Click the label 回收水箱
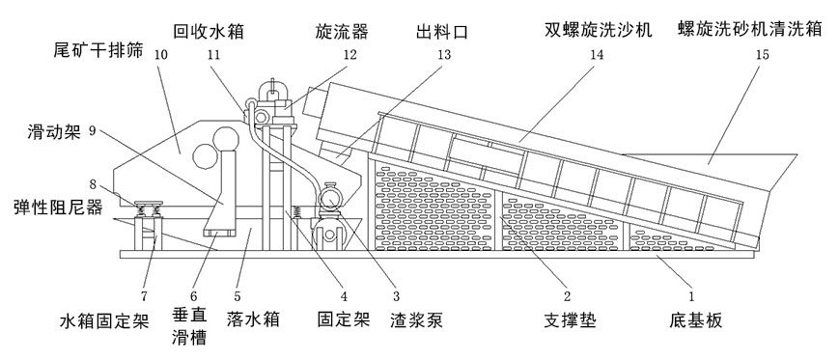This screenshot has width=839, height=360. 209,31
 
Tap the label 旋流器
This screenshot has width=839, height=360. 342,31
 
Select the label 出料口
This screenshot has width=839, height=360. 442,32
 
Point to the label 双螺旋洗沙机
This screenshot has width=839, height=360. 599,29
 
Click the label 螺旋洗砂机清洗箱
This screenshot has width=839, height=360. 749,28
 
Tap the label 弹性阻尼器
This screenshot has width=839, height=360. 57,208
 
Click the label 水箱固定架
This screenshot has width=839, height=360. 104,321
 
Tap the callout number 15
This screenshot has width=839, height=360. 763,55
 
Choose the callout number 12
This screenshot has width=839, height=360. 350,55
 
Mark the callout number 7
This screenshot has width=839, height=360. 144,295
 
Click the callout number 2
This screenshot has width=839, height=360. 568,294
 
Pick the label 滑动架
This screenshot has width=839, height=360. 53,131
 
